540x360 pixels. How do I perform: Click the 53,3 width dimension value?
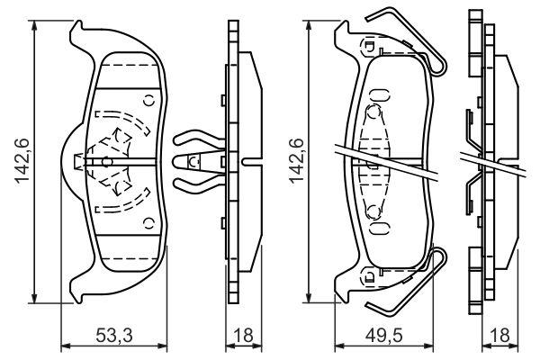[113, 335]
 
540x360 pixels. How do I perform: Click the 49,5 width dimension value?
[384, 335]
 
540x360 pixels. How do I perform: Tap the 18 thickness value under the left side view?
[243, 335]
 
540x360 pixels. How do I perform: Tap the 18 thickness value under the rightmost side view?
[499, 335]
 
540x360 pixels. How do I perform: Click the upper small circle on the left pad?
[149, 101]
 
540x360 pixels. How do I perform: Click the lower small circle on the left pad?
[149, 223]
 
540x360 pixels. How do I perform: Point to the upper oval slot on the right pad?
[379, 94]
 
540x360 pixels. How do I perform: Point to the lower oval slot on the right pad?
[379, 228]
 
